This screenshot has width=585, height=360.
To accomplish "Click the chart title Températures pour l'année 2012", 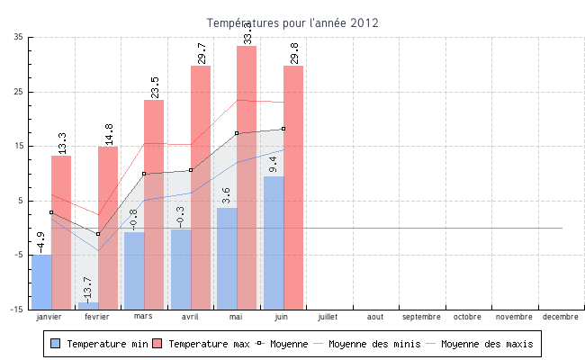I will [292, 22].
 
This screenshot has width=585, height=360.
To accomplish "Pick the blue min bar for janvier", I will [41, 282].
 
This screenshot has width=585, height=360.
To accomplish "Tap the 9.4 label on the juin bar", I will [273, 165].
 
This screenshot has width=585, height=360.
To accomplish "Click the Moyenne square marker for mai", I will [237, 133].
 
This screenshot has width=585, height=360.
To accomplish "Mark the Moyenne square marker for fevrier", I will [98, 234].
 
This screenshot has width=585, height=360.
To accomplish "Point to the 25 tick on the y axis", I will [19, 91].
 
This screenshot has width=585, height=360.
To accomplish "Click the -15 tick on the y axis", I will [17, 309].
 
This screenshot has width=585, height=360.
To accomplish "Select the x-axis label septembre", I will [421, 317].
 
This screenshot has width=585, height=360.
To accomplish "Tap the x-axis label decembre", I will [561, 317].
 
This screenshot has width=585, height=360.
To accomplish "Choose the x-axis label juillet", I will [328, 317].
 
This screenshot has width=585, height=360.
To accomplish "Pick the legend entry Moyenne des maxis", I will [486, 344].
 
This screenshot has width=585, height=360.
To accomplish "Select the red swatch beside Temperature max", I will [158, 344].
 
